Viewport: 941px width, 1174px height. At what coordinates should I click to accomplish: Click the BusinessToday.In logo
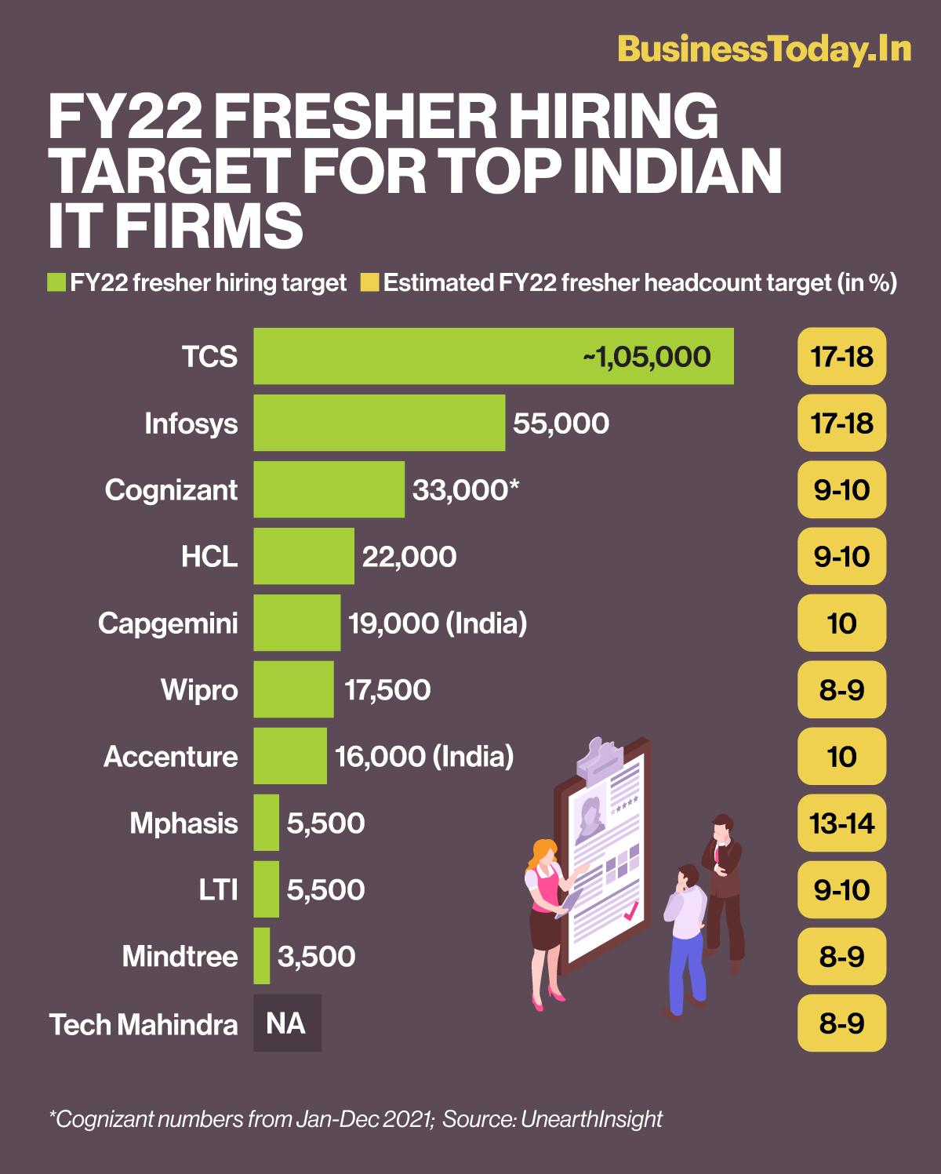[x=764, y=49]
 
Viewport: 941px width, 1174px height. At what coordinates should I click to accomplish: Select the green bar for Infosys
[x=379, y=423]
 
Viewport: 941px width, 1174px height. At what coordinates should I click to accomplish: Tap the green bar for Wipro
[x=293, y=689]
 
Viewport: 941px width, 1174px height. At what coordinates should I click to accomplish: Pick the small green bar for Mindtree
[x=262, y=956]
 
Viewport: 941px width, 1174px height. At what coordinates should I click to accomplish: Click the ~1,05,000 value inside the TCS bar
[x=646, y=357]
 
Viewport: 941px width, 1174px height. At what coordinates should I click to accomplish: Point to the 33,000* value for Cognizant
[x=466, y=490]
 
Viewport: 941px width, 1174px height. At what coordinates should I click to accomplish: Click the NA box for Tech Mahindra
[x=287, y=1023]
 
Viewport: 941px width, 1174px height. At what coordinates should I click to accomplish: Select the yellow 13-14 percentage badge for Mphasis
[x=841, y=823]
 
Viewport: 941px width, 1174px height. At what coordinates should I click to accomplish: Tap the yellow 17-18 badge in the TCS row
[x=841, y=357]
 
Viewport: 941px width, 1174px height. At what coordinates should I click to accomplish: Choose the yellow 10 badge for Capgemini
[x=841, y=623]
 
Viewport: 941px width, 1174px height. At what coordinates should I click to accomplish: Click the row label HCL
[x=209, y=557]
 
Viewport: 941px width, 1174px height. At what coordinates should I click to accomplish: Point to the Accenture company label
[x=171, y=757]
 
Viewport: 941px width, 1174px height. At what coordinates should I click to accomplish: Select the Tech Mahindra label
[x=144, y=1024]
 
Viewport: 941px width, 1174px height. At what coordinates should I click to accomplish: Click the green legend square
[x=56, y=282]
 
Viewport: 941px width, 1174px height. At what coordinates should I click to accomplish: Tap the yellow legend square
[x=369, y=282]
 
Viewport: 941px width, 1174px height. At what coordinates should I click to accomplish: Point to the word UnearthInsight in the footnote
[x=592, y=1118]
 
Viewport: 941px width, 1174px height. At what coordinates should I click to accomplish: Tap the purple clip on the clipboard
[x=602, y=757]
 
